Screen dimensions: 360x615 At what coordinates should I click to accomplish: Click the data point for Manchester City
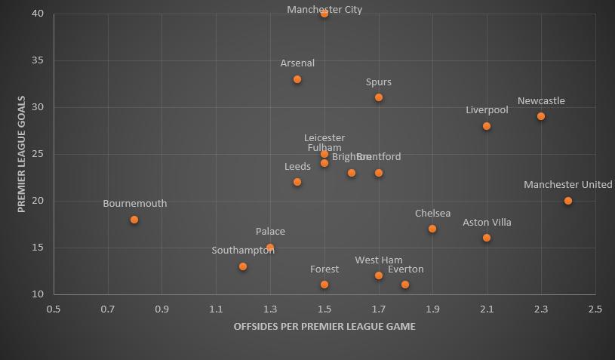click(x=324, y=13)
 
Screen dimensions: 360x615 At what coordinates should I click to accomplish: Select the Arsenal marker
click(x=297, y=79)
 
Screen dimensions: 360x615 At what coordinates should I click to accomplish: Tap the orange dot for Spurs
click(x=379, y=97)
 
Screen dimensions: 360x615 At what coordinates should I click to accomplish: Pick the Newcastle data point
click(x=541, y=116)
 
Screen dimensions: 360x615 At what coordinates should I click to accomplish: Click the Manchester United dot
click(x=568, y=201)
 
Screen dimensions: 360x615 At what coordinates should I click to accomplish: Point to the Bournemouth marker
click(x=134, y=220)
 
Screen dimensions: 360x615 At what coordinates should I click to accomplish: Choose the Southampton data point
click(x=243, y=266)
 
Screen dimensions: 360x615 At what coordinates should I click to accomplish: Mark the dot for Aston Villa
click(x=487, y=238)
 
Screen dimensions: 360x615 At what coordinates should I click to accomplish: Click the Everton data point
click(x=405, y=285)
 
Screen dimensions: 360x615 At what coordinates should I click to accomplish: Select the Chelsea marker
click(x=432, y=229)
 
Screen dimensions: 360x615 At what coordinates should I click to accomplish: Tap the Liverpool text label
click(x=487, y=110)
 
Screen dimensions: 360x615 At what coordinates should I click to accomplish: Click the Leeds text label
click(x=297, y=167)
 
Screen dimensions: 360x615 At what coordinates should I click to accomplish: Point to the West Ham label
click(x=379, y=260)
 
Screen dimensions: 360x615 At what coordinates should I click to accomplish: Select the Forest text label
click(x=324, y=269)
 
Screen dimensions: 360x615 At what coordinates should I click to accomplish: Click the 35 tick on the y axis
click(x=38, y=60)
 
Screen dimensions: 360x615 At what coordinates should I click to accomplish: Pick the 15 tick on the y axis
click(x=38, y=248)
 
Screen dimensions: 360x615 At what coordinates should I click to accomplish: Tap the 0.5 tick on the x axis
click(x=54, y=309)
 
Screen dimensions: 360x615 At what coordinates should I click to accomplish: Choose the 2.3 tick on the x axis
click(x=541, y=309)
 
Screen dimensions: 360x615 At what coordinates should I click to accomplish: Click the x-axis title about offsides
click(x=324, y=327)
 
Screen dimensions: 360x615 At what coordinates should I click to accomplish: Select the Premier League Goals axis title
click(x=22, y=153)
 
